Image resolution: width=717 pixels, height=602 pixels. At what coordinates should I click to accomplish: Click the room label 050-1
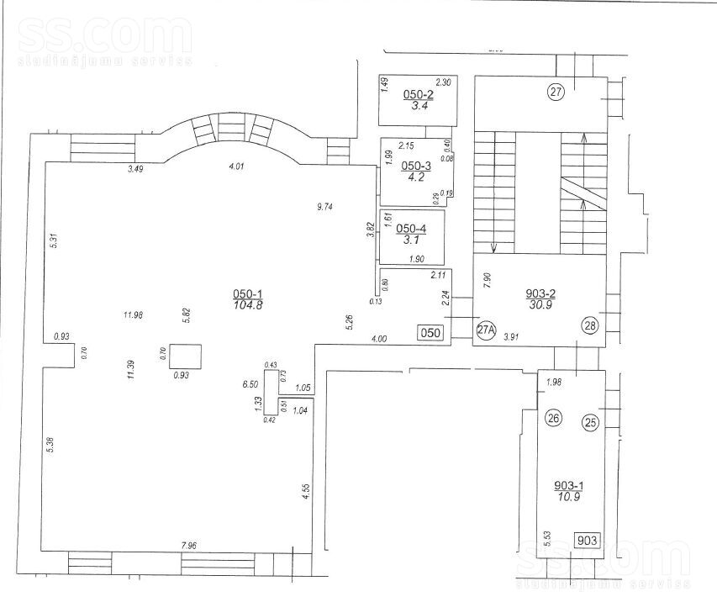(x=247, y=293)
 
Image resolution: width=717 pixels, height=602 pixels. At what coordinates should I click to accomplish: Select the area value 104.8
(x=247, y=305)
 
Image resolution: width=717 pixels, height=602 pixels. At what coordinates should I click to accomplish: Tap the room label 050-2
(x=417, y=94)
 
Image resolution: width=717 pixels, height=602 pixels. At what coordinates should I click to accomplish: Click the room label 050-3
(x=415, y=166)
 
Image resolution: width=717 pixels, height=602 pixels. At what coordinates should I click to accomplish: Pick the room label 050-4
(x=412, y=229)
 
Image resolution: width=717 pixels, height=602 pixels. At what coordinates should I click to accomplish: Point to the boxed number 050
(x=430, y=333)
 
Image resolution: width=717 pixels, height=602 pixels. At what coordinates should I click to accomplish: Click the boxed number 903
(x=588, y=540)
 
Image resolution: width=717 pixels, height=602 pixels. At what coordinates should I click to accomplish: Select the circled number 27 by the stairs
(x=555, y=92)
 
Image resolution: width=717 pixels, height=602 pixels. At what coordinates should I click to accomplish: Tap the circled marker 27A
(x=486, y=330)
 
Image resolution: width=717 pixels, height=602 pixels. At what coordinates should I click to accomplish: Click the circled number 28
(x=588, y=325)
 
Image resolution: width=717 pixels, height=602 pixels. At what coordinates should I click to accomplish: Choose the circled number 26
(x=552, y=416)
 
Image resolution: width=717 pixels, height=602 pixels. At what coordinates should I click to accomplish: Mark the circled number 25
(x=590, y=423)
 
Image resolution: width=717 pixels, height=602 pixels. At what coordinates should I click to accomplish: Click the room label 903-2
(x=540, y=293)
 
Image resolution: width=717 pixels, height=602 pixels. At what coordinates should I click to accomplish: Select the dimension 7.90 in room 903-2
(x=485, y=280)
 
